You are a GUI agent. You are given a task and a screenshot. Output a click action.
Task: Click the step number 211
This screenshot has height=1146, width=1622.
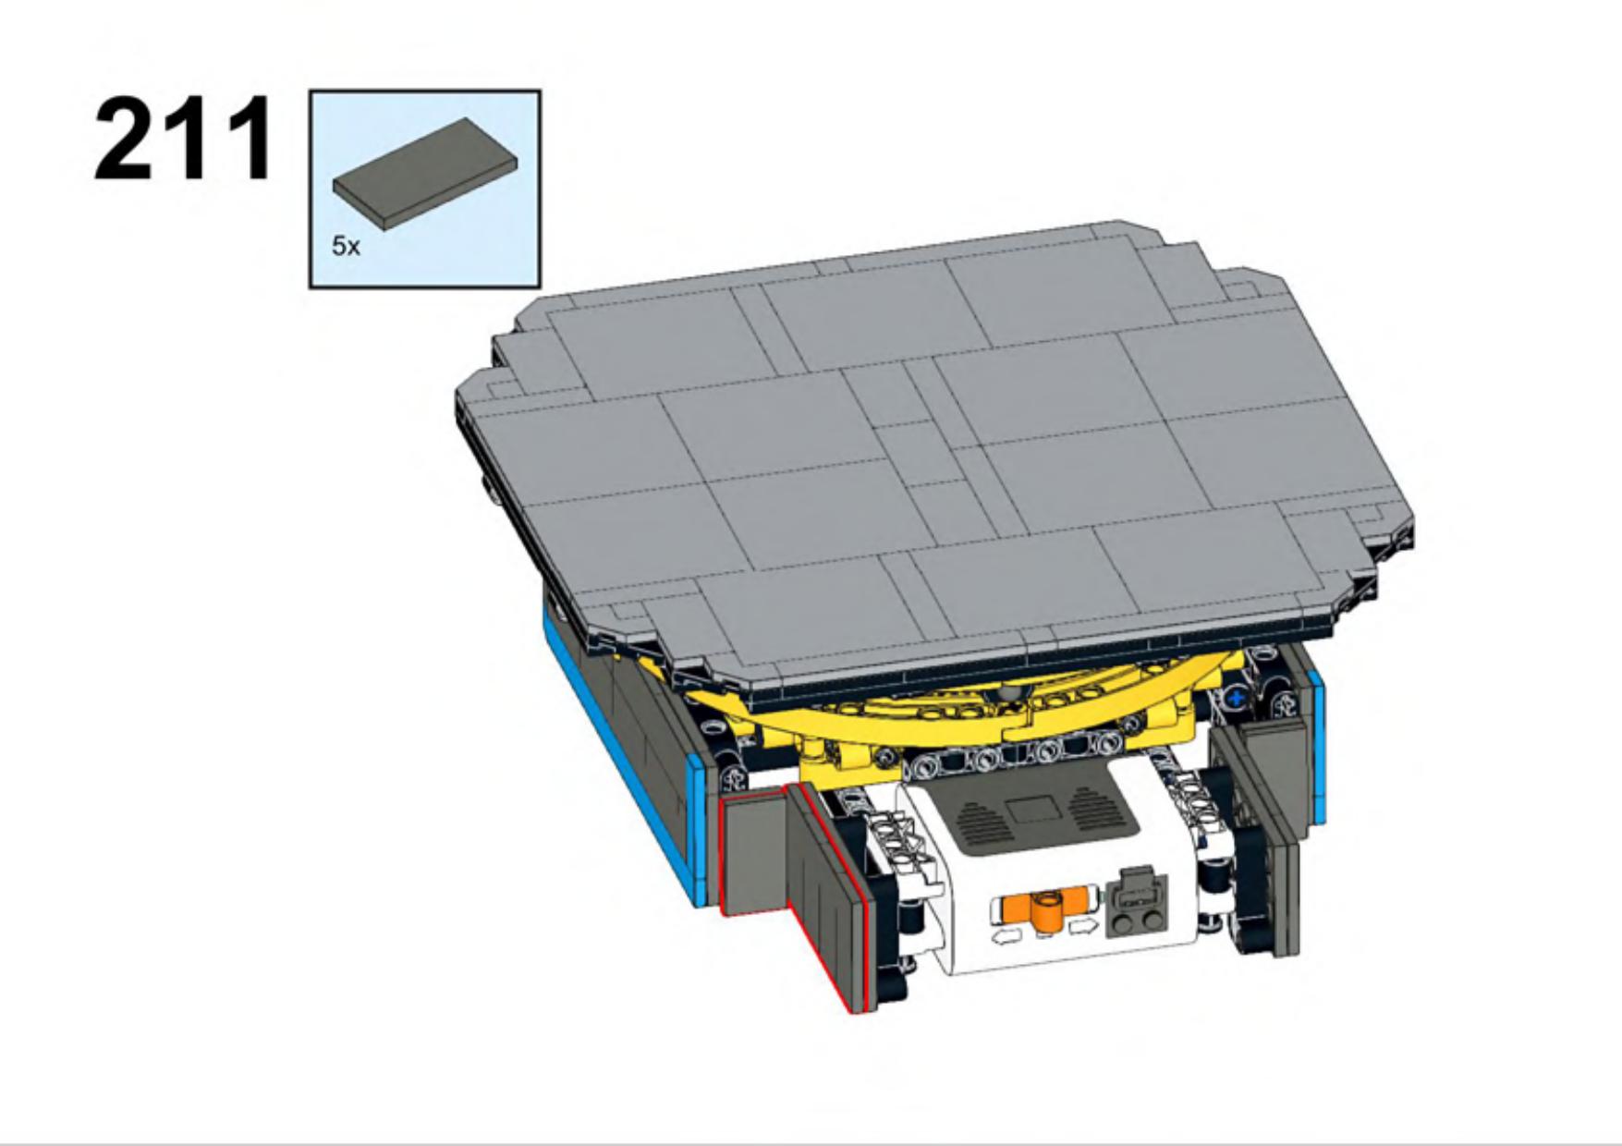pos(184,138)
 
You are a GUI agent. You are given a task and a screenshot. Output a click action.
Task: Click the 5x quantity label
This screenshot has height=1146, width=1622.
pos(346,246)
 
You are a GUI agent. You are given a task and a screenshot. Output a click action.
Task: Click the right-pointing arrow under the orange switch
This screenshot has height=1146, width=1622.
pos(1083,926)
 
